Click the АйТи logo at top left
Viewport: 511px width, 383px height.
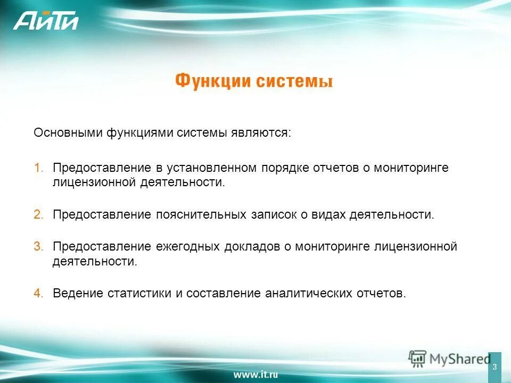pyautogui.click(x=46, y=21)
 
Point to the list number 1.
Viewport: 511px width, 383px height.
pyautogui.click(x=39, y=168)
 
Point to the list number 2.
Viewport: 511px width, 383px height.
pyautogui.click(x=39, y=215)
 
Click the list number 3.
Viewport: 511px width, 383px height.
pyautogui.click(x=39, y=247)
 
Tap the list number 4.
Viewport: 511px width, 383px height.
pyautogui.click(x=39, y=294)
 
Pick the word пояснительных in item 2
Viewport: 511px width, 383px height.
pyautogui.click(x=201, y=215)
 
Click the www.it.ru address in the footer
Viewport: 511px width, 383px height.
pyautogui.click(x=256, y=374)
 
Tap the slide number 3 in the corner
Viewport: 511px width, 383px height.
pyautogui.click(x=494, y=367)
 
